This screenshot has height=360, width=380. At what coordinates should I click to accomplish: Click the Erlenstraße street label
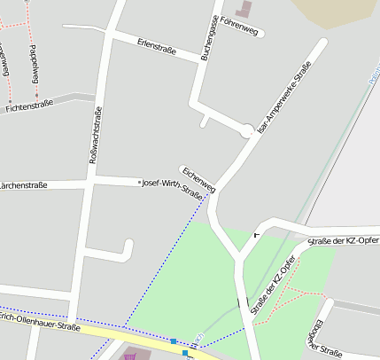coord(157,46)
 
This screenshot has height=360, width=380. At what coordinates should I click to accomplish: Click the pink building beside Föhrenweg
coord(244,9)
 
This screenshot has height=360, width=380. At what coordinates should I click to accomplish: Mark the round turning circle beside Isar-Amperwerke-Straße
coord(247,131)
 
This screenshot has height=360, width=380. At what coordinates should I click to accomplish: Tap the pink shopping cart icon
coord(130,356)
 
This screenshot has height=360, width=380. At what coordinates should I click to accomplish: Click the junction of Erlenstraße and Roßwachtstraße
coord(105,35)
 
